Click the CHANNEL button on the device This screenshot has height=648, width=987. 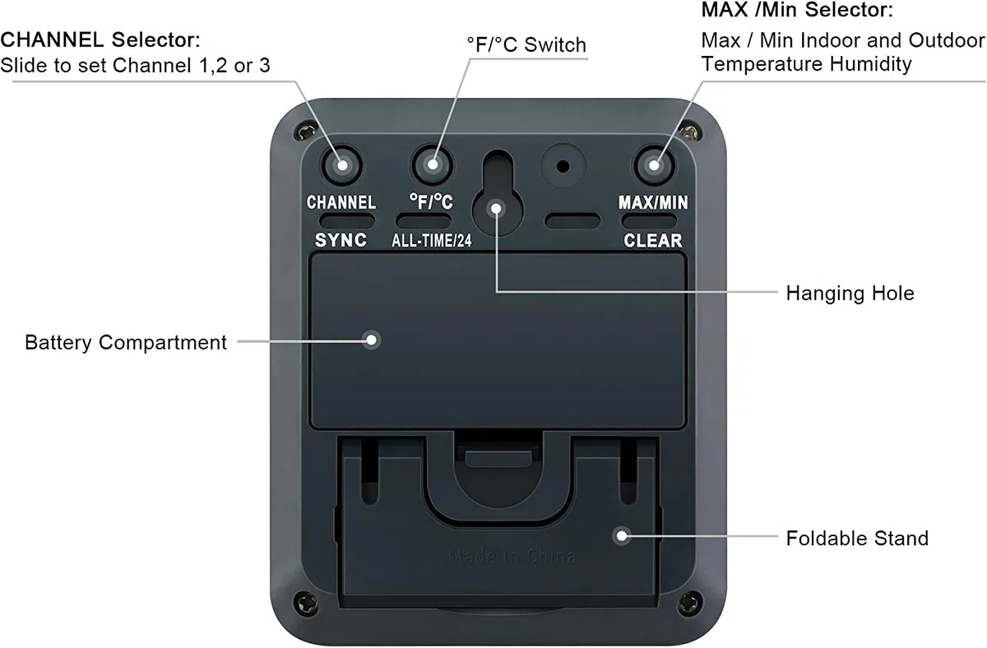coord(341,165)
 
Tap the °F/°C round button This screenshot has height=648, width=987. coord(433,164)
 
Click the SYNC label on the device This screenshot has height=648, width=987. coord(341,240)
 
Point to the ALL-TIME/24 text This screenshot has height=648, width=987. coord(431,240)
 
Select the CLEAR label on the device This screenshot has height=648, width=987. coord(652,240)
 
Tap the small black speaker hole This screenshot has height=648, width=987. coord(563,166)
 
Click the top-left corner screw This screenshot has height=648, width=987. coord(306,132)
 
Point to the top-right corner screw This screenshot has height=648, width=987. coord(689,132)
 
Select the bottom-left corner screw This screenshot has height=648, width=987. coord(306,603)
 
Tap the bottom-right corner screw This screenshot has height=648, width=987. coord(690,603)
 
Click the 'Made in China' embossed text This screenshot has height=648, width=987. coord(512,557)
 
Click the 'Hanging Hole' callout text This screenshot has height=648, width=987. coord(850,294)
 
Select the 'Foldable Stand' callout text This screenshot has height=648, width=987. coord(857,539)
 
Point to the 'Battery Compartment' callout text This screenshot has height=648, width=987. coord(126,343)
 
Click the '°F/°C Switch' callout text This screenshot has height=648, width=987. coord(526,45)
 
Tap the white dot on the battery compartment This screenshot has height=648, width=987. coord(372,340)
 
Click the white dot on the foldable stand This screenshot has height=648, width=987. coord(622,536)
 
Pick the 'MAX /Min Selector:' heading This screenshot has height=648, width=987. coord(797,10)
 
